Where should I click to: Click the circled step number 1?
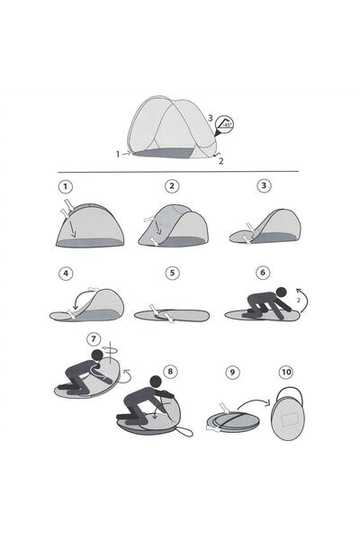66,187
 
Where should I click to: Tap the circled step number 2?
172,186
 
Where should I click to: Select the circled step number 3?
264,186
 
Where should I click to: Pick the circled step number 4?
66,274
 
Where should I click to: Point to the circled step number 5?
172,274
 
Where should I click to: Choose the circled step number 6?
263,273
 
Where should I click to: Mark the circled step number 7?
94,339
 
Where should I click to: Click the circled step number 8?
170,371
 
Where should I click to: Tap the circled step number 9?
232,373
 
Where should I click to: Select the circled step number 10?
286,372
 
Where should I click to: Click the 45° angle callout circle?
224,125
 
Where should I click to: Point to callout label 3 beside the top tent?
210,119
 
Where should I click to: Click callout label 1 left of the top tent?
118,154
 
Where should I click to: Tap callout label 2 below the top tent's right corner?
220,161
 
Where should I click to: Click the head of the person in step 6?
282,292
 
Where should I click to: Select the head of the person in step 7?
96,355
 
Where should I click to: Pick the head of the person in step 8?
156,382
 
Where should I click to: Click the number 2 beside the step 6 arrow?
298,301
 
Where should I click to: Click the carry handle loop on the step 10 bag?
290,388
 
